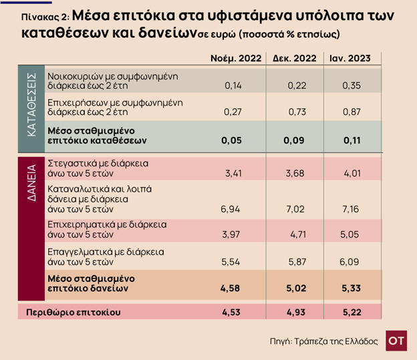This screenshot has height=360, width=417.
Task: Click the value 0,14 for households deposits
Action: tap(232, 85)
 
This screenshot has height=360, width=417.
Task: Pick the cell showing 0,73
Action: tap(297, 112)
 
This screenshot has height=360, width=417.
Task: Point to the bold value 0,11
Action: tap(352, 141)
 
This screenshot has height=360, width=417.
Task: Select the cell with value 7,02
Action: tap(297, 208)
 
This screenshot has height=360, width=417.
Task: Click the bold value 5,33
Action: tap(352, 289)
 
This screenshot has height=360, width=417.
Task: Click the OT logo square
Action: tap(396, 340)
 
